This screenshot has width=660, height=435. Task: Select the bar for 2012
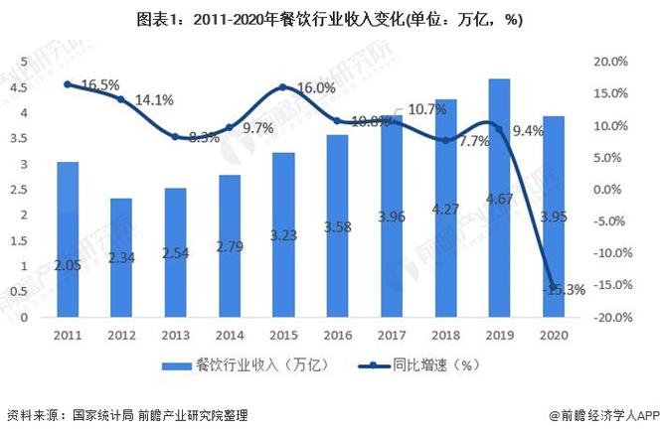(x=120, y=258)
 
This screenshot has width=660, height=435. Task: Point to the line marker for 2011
(x=67, y=84)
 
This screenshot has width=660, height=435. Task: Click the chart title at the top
(x=329, y=19)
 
